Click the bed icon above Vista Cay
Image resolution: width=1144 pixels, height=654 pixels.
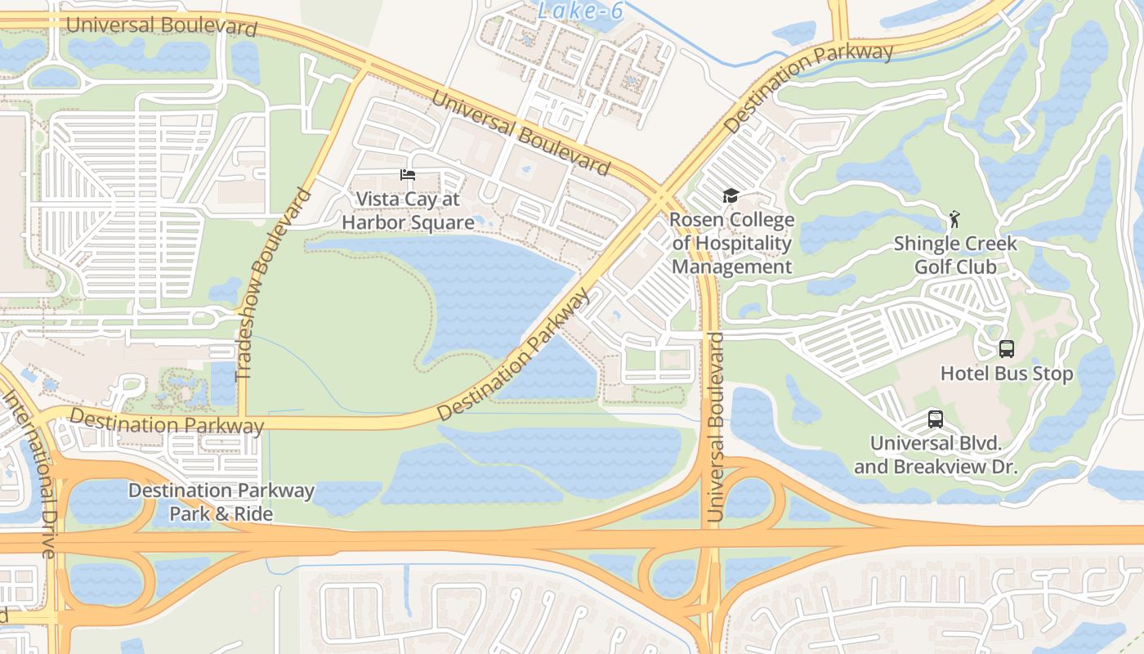407,175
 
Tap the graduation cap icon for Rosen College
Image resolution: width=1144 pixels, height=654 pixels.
731,196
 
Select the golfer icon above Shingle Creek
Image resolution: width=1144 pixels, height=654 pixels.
954,219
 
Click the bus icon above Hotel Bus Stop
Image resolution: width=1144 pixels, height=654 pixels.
1007,349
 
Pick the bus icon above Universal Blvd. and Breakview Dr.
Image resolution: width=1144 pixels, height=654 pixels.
936,419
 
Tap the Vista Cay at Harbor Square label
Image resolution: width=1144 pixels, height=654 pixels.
408,211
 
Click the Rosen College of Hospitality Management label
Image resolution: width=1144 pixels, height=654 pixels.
731,244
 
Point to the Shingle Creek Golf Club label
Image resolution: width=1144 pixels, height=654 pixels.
955,255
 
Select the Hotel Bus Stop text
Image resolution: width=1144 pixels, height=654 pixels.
1007,374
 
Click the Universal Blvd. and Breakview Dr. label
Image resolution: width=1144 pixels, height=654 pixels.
936,455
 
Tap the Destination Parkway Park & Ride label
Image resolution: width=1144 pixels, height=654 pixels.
221,502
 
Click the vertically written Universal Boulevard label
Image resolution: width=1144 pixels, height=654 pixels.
716,427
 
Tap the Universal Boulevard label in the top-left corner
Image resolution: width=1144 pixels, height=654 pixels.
161,25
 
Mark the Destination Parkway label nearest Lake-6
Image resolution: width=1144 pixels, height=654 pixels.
809,88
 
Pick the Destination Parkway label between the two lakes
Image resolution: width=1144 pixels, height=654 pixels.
513,356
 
